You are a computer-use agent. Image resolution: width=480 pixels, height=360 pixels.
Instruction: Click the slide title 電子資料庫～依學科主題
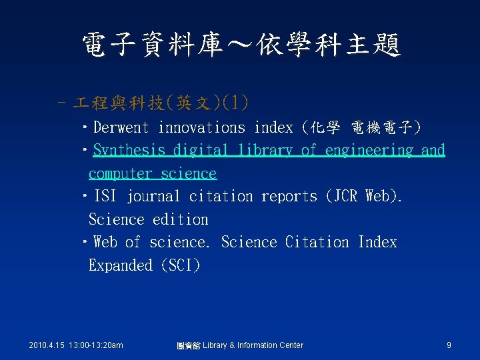[240, 45]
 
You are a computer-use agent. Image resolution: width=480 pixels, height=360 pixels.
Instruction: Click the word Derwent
[123, 127]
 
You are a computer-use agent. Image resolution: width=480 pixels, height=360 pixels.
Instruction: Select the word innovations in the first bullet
[202, 127]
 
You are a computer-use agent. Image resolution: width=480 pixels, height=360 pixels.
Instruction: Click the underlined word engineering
[369, 151]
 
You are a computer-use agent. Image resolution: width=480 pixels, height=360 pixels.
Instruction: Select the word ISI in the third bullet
[105, 196]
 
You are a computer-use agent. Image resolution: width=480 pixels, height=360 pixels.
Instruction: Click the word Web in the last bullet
[106, 242]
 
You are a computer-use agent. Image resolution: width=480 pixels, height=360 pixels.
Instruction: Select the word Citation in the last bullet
[317, 242]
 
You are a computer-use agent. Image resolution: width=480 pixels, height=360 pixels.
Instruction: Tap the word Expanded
[120, 265]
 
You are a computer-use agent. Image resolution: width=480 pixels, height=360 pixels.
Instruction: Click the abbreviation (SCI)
[180, 265]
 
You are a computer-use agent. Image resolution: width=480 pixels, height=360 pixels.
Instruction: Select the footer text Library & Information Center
[253, 345]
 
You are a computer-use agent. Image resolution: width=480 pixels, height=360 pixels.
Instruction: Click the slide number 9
[449, 345]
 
